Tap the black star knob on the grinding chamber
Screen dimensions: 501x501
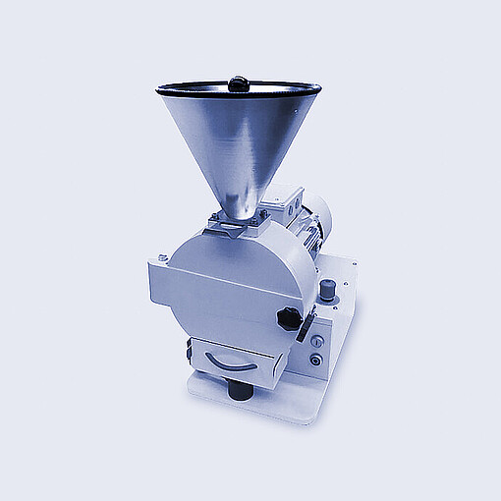click(x=289, y=318)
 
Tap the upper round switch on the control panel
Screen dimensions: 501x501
click(x=316, y=340)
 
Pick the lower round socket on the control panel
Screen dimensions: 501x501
click(x=315, y=360)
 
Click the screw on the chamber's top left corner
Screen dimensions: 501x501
click(x=162, y=258)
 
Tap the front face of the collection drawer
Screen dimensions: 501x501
click(x=232, y=358)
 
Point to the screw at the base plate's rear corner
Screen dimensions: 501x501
click(x=348, y=262)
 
